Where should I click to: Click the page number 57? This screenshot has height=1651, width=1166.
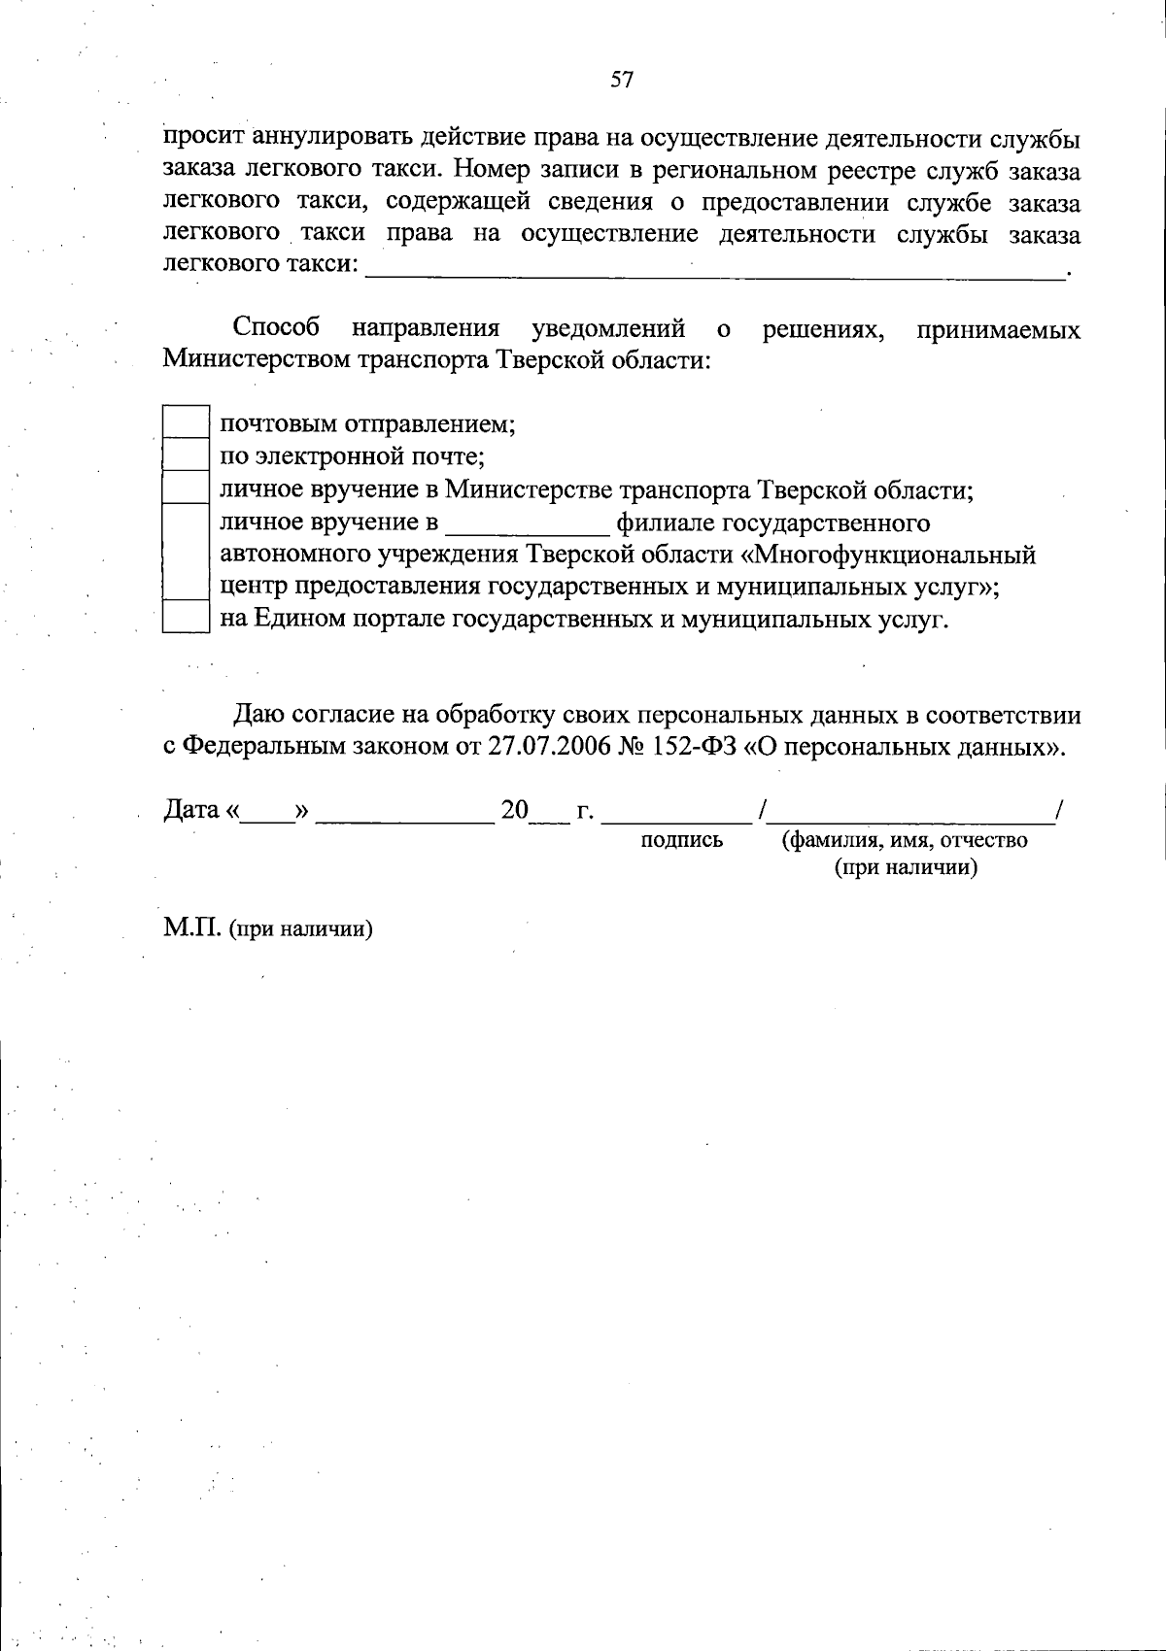click(622, 81)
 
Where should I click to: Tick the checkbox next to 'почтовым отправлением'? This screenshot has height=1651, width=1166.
click(186, 422)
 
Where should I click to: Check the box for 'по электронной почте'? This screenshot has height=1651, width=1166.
click(186, 455)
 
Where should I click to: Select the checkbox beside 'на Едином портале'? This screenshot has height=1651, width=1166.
click(186, 618)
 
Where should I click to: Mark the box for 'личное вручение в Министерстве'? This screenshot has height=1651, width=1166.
click(186, 488)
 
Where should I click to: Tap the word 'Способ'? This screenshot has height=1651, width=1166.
click(277, 328)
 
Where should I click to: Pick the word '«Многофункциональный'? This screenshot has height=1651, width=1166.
click(894, 555)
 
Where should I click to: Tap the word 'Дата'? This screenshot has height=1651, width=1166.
click(191, 809)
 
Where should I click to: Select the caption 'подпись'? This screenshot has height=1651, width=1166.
click(682, 840)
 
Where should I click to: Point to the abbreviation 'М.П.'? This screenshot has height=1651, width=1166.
click(192, 927)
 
